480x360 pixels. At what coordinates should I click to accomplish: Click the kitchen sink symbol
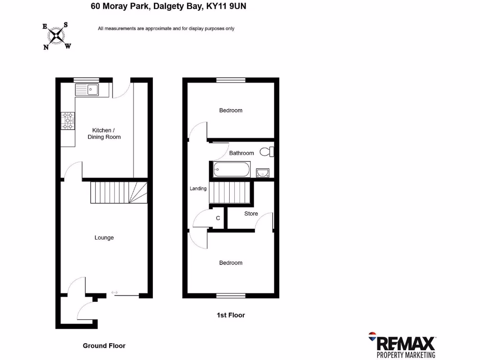coord(86,89)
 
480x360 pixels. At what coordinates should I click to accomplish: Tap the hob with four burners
coord(68,120)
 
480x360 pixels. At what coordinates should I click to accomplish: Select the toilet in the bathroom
coord(267,151)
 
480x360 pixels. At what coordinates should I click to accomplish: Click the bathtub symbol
coord(232,169)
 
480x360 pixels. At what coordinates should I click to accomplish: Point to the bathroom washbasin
coord(263,173)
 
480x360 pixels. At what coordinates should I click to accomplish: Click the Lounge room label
coord(104,238)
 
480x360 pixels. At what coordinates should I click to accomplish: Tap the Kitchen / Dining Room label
coord(104,134)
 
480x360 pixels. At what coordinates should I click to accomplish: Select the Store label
coord(251,214)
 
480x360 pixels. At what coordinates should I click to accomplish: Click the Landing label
coord(198,188)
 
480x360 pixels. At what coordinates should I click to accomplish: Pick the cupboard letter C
coord(218,218)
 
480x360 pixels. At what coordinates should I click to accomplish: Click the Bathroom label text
coord(241,153)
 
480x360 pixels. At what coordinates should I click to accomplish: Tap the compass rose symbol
coord(57,35)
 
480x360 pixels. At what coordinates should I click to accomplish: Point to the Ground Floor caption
coord(104,346)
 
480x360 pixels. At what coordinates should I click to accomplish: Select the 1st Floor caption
coord(231,315)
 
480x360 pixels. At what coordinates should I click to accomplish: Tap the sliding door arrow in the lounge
coord(115,293)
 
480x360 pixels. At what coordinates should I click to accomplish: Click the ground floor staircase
coord(119,192)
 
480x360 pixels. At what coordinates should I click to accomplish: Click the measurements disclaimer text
coord(166,29)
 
